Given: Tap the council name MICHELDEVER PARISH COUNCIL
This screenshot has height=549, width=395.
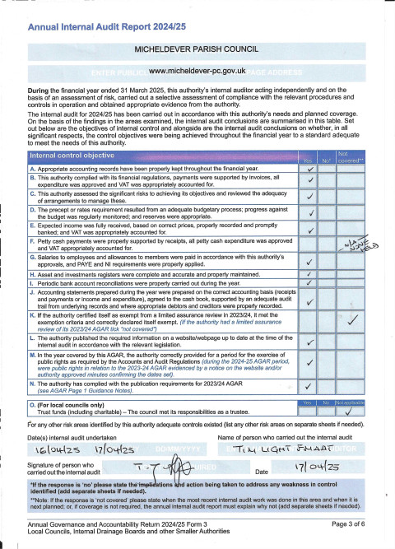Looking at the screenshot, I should (197, 50).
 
